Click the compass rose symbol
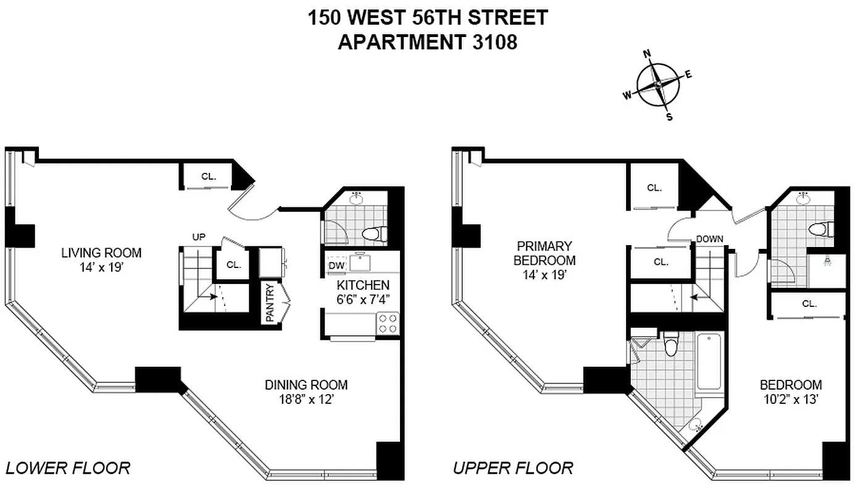(658, 85)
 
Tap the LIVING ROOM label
(101, 253)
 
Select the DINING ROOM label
(306, 385)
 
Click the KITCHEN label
(363, 285)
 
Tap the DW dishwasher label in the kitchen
(336, 266)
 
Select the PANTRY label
(270, 303)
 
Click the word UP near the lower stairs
(199, 237)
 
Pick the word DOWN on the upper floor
(709, 239)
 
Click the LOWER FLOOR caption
(68, 467)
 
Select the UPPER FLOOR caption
(513, 467)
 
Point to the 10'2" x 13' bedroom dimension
(790, 400)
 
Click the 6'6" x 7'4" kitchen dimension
(363, 300)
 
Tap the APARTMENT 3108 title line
(427, 42)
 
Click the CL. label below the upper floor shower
(809, 304)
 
